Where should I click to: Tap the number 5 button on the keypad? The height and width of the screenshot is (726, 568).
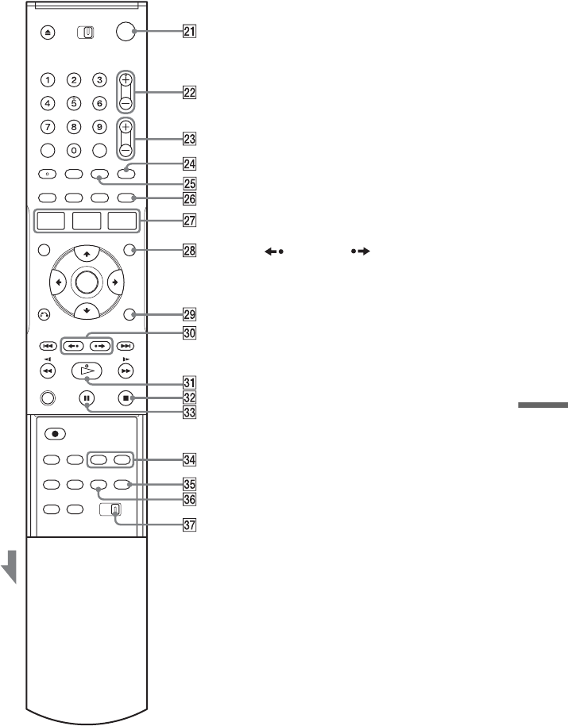74,102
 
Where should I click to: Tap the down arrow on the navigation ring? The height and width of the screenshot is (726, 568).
87,309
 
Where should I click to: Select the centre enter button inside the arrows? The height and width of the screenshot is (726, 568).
87,282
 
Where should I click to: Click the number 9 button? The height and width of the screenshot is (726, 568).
99,126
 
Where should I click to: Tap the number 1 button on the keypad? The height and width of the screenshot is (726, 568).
49,79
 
